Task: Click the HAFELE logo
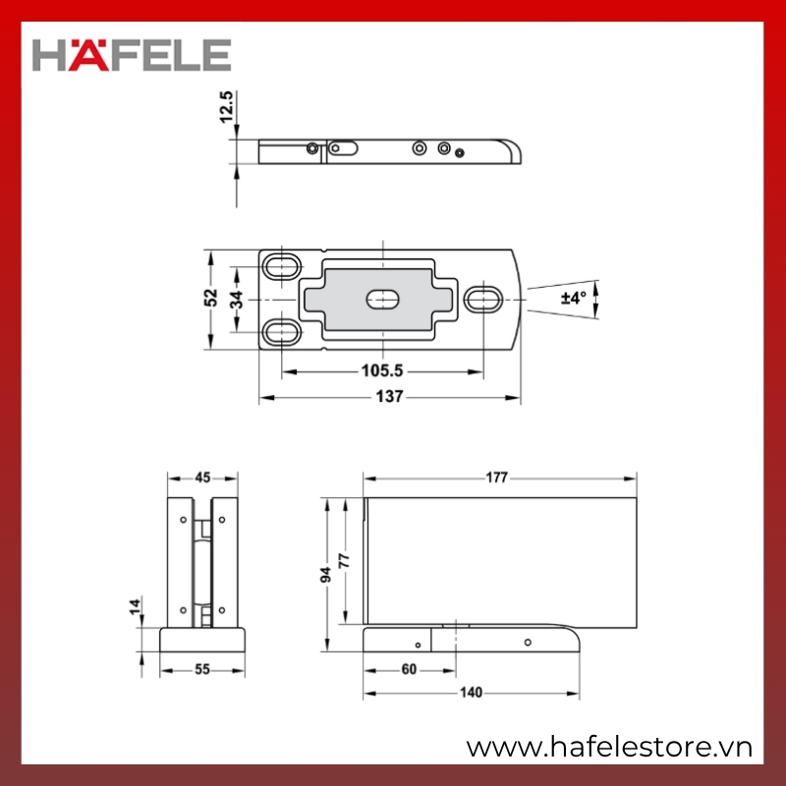(132, 55)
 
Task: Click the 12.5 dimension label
(227, 107)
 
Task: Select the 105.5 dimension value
(382, 371)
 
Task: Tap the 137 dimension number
(389, 397)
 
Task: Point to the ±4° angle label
(574, 298)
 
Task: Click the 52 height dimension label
(211, 298)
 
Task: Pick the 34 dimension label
(237, 300)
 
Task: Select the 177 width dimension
(496, 477)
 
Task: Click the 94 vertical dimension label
(326, 575)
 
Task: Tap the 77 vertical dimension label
(344, 560)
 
